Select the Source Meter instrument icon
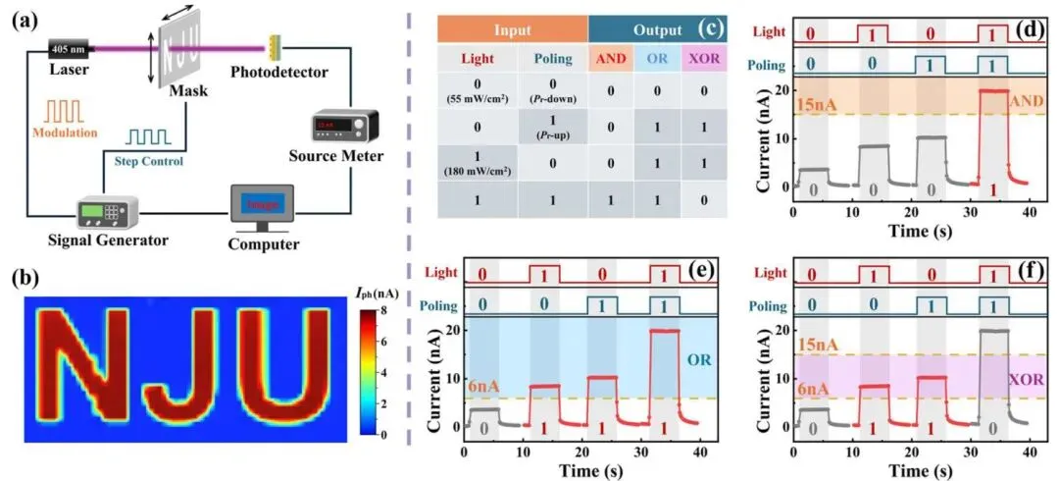click(x=340, y=127)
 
